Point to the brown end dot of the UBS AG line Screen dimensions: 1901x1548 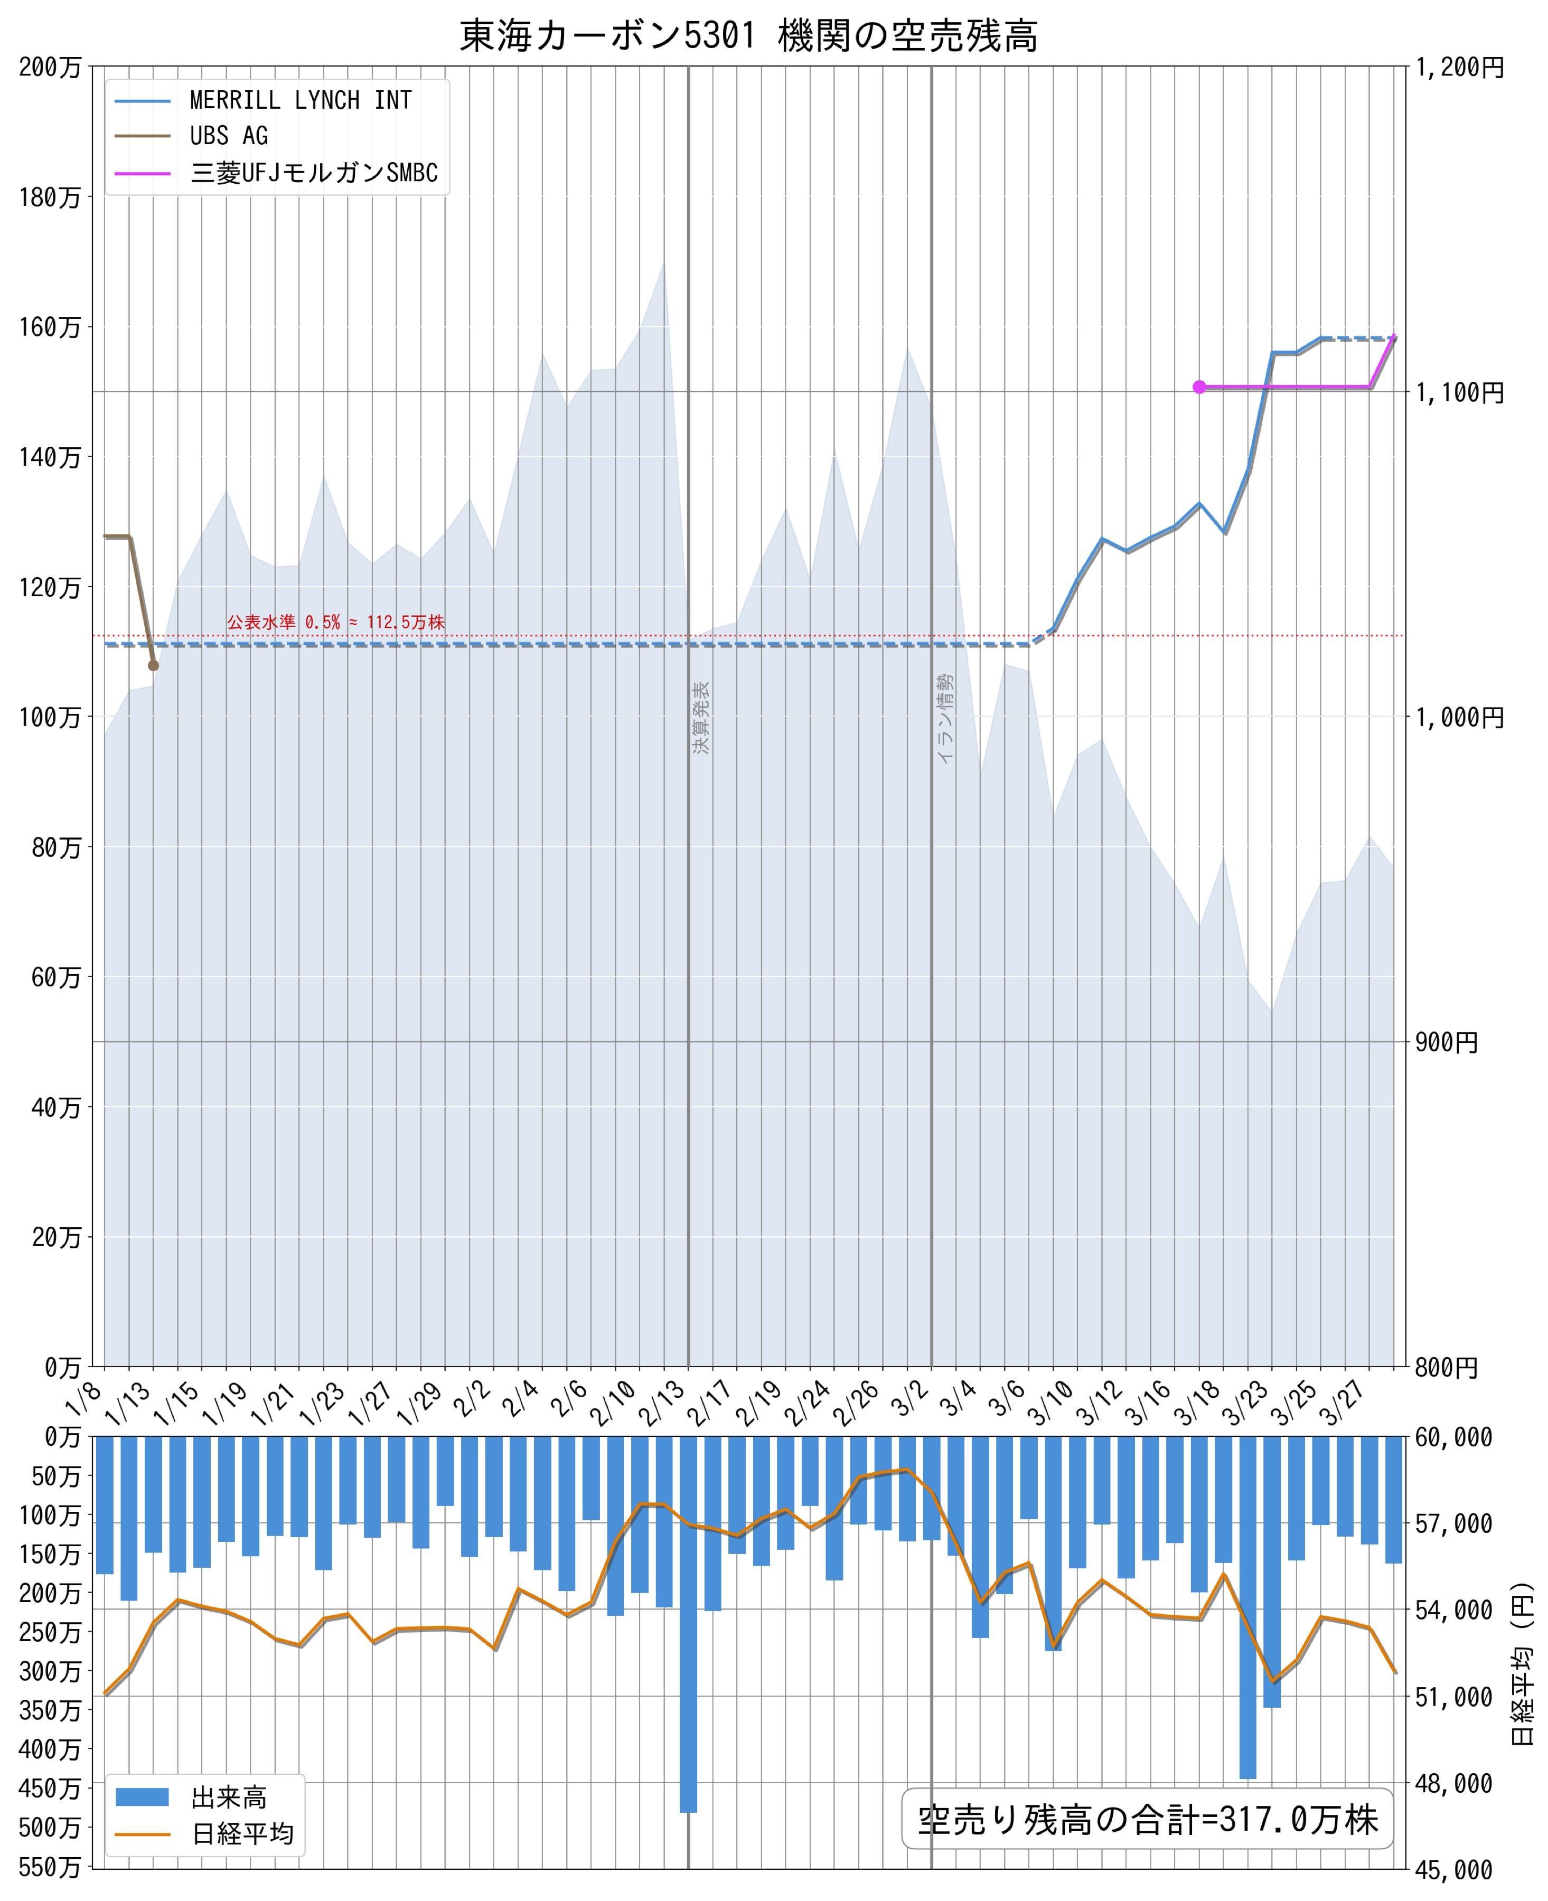click(x=153, y=665)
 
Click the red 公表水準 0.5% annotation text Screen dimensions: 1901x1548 click(x=335, y=623)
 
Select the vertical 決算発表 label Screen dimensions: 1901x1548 click(x=702, y=718)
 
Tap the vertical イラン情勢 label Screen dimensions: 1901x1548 click(x=945, y=718)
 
